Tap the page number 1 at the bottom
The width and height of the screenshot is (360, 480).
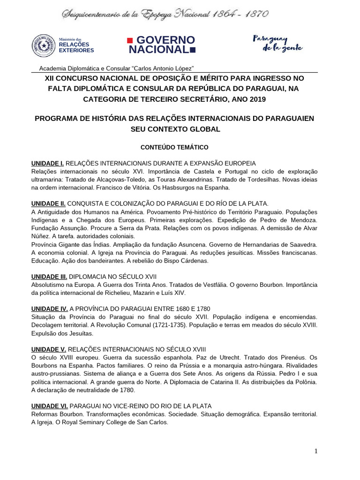click(x=316, y=451)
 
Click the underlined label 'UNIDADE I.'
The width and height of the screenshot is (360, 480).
click(x=47, y=163)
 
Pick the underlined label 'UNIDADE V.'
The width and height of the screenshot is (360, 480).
click(x=48, y=349)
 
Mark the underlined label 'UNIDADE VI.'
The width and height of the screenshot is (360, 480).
click(x=49, y=405)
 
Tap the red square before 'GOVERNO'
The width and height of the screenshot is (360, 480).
click(x=131, y=39)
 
